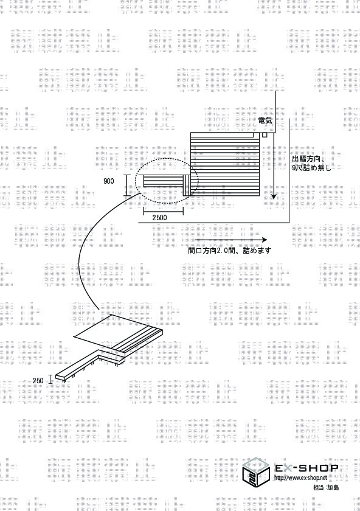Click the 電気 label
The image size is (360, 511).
point(265,120)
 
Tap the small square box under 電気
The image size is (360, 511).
point(265,134)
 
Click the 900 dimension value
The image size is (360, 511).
point(108,181)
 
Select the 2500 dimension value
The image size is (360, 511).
point(160,217)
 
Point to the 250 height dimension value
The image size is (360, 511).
point(38,380)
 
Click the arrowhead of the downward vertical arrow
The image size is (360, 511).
point(274,196)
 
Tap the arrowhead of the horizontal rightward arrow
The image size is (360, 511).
point(265,240)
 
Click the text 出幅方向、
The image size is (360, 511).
point(309,159)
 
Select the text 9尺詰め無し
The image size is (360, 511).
point(311,168)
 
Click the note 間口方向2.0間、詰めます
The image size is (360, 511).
point(230,251)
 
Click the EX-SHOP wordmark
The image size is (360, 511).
point(307,468)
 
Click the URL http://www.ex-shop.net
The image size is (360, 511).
point(300,478)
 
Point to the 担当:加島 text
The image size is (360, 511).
point(326,487)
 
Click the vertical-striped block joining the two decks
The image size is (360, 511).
point(187,185)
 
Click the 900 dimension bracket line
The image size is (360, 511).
point(126,185)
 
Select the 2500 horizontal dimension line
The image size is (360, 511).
point(163,211)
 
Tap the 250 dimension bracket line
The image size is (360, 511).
point(50,379)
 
